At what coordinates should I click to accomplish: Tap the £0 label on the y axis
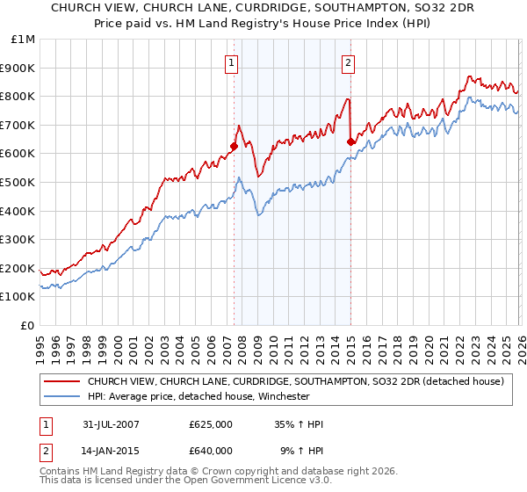tap(29, 325)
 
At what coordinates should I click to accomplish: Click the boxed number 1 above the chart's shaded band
tap(231, 62)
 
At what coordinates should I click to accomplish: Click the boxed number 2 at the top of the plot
tap(348, 62)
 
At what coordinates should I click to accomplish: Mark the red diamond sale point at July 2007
tap(235, 147)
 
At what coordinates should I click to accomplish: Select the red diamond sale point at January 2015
tap(350, 142)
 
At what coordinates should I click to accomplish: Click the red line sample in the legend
tap(61, 381)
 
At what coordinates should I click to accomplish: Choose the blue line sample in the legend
tap(61, 396)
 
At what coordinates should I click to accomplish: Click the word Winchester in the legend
tap(280, 396)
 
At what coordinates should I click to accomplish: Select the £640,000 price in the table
tap(211, 451)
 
